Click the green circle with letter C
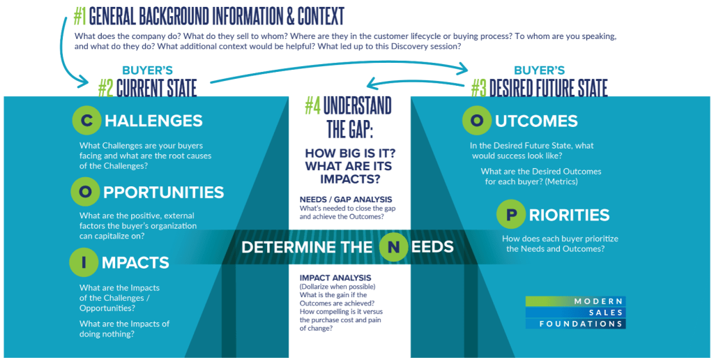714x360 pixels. pyautogui.click(x=87, y=121)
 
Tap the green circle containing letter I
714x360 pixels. pyautogui.click(x=84, y=262)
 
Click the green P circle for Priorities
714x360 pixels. pyautogui.click(x=511, y=214)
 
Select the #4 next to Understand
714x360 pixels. pyautogui.click(x=312, y=106)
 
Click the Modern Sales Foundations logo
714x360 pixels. pyautogui.click(x=575, y=312)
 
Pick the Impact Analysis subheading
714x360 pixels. pyautogui.click(x=331, y=278)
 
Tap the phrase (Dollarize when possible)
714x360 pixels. pyautogui.click(x=337, y=287)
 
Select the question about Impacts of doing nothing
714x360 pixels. pyautogui.click(x=124, y=328)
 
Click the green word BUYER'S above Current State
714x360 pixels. pyautogui.click(x=147, y=70)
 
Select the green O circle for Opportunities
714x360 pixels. pyautogui.click(x=87, y=191)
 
